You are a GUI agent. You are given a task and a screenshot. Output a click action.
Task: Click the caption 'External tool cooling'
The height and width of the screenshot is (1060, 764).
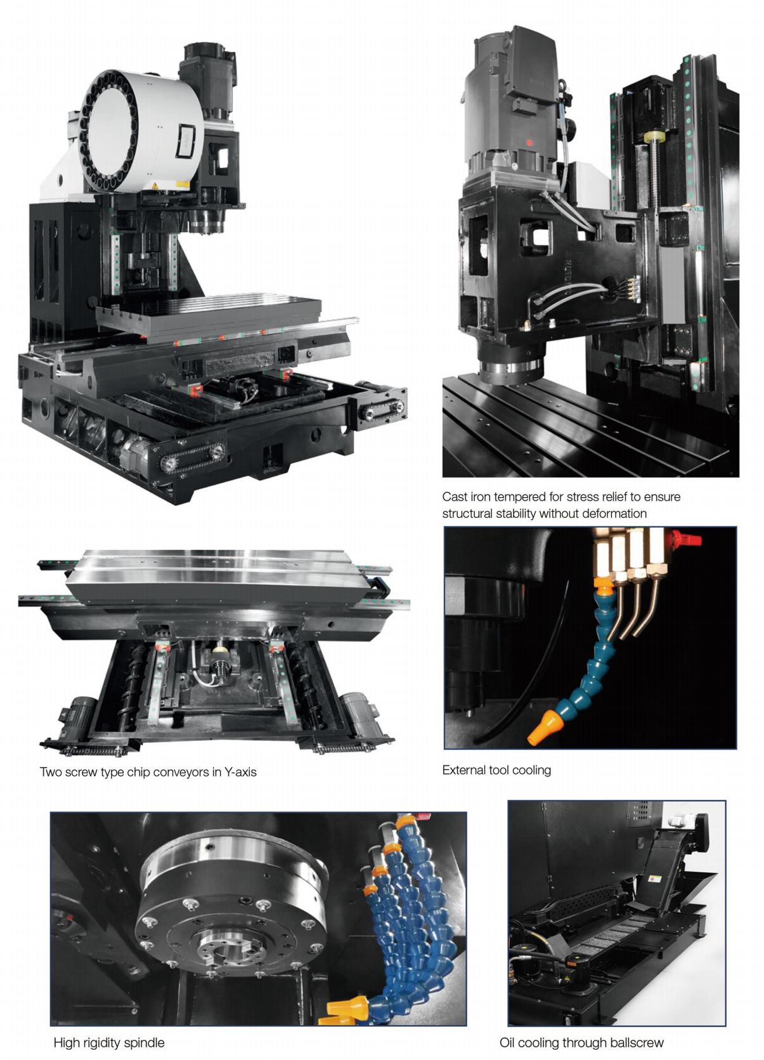[496, 770]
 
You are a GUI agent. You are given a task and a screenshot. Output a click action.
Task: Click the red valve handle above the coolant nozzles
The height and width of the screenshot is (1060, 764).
[684, 538]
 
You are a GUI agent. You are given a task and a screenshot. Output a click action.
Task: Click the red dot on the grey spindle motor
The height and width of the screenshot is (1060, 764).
[529, 142]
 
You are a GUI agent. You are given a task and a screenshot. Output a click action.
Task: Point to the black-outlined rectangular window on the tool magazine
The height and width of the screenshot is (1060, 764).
[185, 141]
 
